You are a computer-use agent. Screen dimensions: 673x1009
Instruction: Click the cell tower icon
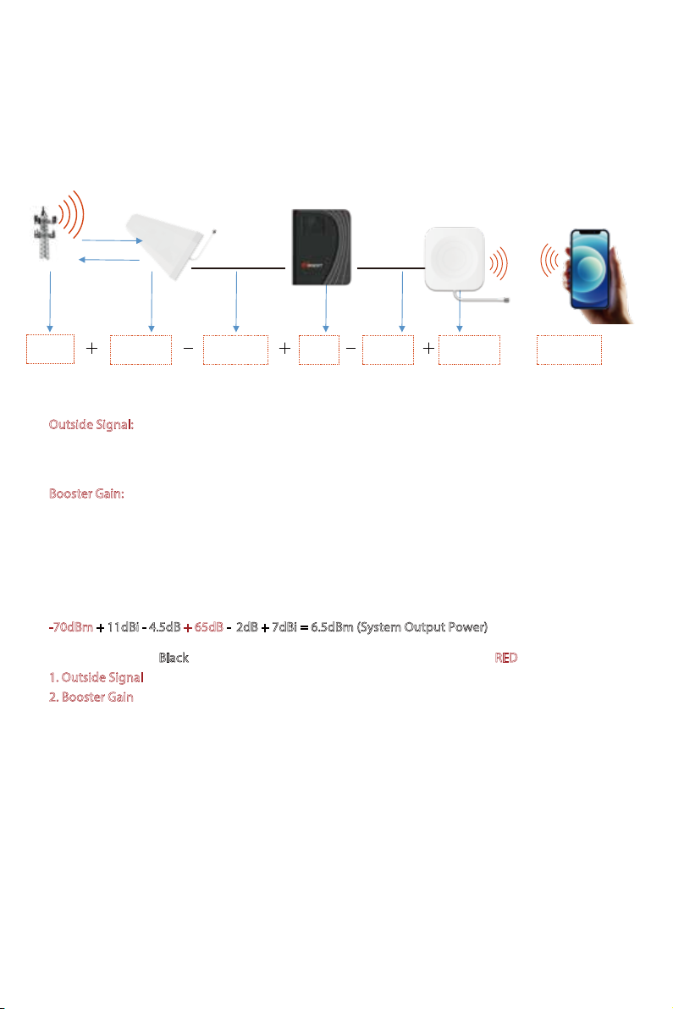tap(44, 233)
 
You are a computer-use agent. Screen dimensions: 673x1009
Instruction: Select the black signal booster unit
tap(322, 247)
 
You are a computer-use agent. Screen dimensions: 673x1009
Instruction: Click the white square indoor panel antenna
tap(455, 259)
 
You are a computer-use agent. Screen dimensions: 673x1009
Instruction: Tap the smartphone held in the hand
tap(589, 268)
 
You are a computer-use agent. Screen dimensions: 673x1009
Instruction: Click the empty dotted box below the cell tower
tap(50, 350)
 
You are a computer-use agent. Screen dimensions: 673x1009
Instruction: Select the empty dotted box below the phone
tap(570, 350)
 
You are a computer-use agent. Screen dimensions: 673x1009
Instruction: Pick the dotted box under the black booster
tap(319, 350)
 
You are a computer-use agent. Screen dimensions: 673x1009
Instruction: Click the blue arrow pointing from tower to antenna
tap(112, 240)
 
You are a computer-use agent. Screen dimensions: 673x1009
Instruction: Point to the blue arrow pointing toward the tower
tap(108, 259)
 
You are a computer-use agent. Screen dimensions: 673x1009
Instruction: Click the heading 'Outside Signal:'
tap(91, 425)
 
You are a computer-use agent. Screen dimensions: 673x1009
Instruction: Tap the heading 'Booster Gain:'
tap(87, 493)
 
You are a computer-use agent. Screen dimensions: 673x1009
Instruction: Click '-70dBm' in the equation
tap(71, 626)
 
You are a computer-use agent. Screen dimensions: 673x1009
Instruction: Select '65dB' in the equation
tap(208, 626)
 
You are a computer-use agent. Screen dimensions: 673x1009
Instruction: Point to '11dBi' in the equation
tap(123, 626)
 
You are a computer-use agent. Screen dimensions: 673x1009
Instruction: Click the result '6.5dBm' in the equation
tap(332, 626)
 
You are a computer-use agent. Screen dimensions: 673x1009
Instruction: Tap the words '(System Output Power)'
tap(422, 627)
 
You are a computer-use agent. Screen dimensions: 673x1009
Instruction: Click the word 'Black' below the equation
tap(174, 658)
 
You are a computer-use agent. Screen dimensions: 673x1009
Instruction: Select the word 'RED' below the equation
tap(506, 658)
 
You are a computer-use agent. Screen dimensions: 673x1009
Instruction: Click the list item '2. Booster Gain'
tap(91, 697)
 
